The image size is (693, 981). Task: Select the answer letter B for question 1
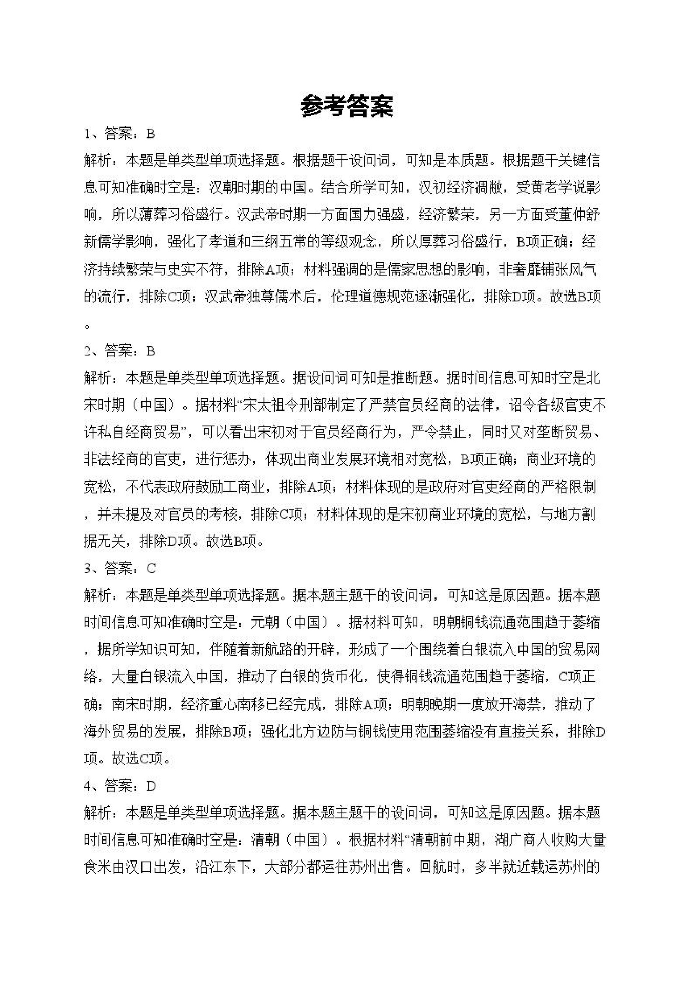pos(150,134)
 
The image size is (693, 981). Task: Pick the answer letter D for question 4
pos(151,786)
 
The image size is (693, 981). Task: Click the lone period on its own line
pos(88,327)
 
